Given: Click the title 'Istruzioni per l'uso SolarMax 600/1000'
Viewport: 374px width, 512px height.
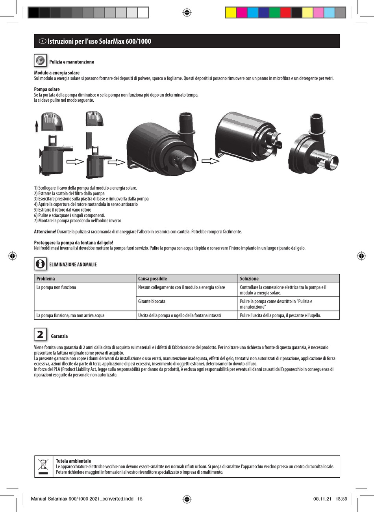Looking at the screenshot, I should (99, 41).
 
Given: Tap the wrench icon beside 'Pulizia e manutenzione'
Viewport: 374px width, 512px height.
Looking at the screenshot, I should (41, 61).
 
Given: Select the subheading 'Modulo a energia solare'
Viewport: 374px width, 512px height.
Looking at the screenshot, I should (57, 73).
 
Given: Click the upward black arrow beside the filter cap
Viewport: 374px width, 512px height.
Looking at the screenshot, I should (37, 126).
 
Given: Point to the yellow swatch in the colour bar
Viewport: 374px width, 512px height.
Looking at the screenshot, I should (231, 13).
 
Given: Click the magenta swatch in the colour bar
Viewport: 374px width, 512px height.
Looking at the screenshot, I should (242, 13).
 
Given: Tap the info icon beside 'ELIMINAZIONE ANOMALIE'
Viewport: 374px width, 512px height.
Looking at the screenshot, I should (40, 264).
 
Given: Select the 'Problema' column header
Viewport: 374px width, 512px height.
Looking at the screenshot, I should (46, 279).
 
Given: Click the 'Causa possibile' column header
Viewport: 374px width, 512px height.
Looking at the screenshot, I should (152, 279).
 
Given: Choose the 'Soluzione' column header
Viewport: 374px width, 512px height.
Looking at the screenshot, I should (249, 279).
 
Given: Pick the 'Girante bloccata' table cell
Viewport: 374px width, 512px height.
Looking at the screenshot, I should (152, 302).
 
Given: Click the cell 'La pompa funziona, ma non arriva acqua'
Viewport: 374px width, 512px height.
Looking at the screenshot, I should (70, 315).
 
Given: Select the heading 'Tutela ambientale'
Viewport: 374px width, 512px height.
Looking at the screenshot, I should (73, 461).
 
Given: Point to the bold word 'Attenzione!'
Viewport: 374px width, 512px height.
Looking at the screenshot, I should (45, 232).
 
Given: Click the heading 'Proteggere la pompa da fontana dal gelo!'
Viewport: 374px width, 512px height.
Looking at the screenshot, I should (74, 242).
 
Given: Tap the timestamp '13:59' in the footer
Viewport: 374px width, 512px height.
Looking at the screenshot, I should (341, 499).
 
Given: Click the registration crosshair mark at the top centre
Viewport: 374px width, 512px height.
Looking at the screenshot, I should (187, 13).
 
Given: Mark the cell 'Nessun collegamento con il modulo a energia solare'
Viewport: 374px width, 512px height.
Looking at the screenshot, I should (181, 287).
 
